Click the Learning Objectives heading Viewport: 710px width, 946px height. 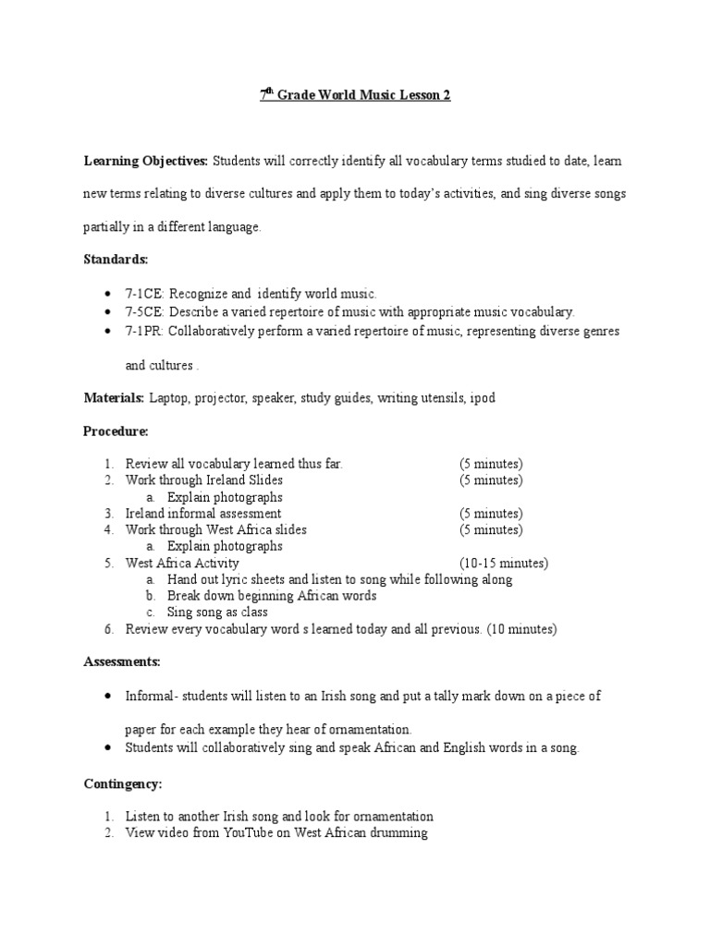pos(146,161)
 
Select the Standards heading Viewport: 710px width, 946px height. pos(116,261)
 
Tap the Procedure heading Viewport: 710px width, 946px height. pos(116,431)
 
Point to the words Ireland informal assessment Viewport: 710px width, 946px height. pos(203,513)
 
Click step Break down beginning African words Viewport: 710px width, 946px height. pos(272,596)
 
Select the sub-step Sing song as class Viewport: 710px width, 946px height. pos(217,612)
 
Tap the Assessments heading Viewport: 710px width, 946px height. pos(122,661)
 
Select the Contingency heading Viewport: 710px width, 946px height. pos(123,783)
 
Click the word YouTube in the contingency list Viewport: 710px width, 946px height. pos(244,833)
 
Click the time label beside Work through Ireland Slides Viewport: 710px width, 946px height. pos(491,480)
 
